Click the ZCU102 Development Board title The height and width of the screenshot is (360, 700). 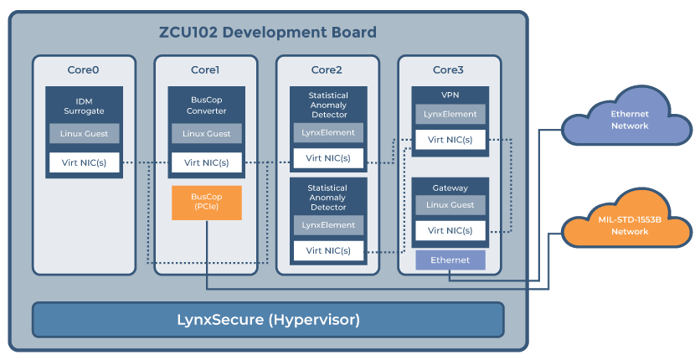click(268, 32)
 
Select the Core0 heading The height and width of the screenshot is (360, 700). click(84, 70)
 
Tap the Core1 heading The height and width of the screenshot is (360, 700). click(205, 70)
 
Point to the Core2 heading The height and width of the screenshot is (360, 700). click(327, 70)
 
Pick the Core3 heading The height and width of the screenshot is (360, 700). click(449, 70)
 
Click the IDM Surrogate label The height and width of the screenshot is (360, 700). click(84, 106)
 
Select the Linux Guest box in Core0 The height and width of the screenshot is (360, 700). click(84, 133)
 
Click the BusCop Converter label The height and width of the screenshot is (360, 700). click(205, 106)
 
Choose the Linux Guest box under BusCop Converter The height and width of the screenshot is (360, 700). click(205, 133)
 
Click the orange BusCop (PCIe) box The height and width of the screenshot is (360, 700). click(205, 202)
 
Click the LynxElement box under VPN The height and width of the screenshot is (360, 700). click(449, 116)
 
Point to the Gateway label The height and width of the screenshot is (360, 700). click(449, 187)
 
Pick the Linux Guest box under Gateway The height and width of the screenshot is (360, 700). click(449, 206)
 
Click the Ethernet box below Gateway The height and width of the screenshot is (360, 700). click(449, 260)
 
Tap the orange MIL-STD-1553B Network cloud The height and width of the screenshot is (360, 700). click(629, 225)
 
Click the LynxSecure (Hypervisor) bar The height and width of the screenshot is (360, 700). click(268, 320)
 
